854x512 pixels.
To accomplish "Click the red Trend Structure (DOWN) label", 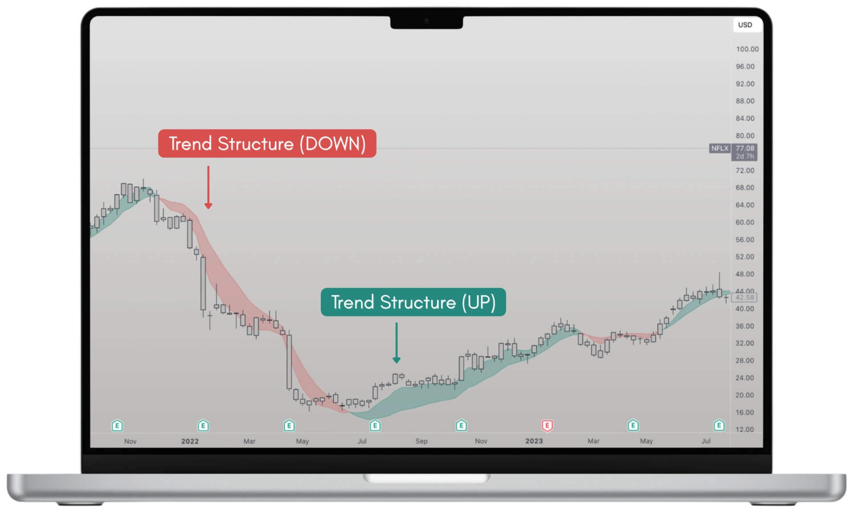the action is [267, 143].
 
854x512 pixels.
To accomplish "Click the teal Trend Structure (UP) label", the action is [413, 302].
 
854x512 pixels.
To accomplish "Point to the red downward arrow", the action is [208, 187].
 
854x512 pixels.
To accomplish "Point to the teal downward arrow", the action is [396, 343].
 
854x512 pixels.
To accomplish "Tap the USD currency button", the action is [745, 25].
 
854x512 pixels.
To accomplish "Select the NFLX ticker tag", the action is [720, 148].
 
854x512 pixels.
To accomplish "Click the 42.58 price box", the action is [745, 298].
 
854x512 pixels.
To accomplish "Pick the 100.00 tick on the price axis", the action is [747, 49].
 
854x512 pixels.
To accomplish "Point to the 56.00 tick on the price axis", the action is [745, 239].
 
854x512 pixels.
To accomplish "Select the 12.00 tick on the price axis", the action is [745, 429].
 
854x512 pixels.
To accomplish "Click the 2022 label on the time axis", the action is [190, 441].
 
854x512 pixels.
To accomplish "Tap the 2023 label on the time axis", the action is [534, 441].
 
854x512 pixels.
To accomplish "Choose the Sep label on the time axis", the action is [421, 441].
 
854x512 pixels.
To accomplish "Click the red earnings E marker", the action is [547, 426].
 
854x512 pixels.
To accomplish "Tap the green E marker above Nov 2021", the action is [117, 426].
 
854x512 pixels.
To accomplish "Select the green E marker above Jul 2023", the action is [719, 426].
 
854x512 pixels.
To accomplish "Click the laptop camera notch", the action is [427, 22].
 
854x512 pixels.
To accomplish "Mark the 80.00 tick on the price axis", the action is [745, 136].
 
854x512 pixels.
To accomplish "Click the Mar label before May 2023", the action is [593, 441].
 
